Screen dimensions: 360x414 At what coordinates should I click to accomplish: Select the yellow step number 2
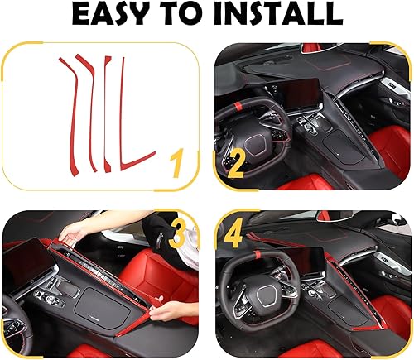coord(235,163)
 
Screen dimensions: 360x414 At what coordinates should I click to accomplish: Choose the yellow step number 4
coord(235,234)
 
